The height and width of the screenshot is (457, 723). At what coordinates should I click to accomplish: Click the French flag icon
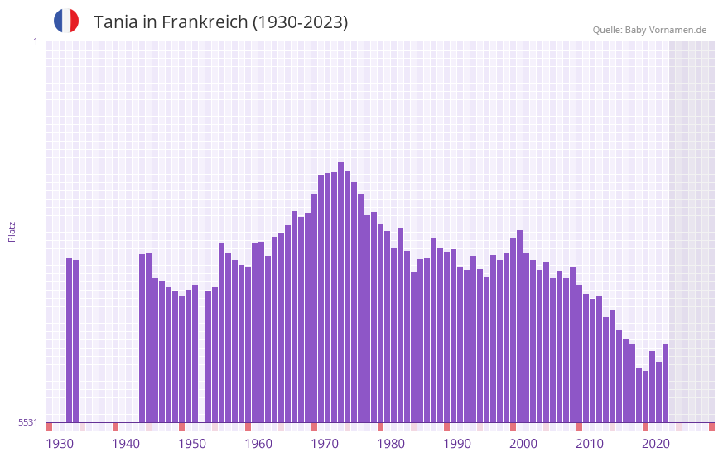(66, 21)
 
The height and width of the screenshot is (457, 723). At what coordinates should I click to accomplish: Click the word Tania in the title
(116, 22)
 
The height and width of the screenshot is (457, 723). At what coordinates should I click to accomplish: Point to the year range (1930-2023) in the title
(301, 22)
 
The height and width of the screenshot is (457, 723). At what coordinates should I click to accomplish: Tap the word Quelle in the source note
(606, 30)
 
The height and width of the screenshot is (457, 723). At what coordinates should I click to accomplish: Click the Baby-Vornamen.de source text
(666, 30)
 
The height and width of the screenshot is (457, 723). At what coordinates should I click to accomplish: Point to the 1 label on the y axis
(35, 41)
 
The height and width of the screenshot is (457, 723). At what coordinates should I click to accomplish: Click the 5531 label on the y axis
(28, 422)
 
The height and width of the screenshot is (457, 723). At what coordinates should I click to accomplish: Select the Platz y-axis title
(12, 231)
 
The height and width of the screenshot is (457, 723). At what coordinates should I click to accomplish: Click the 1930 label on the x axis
(60, 444)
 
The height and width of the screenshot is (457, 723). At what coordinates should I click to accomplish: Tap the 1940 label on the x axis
(126, 444)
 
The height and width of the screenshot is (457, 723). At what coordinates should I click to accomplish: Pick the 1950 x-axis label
(192, 444)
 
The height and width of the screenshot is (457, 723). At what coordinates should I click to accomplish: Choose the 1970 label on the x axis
(325, 444)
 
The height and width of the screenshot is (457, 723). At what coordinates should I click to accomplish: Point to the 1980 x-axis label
(391, 444)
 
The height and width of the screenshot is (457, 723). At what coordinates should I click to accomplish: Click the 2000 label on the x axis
(523, 444)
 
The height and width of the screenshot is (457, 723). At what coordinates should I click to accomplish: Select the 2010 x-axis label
(590, 444)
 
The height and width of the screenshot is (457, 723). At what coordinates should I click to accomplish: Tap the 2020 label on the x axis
(656, 444)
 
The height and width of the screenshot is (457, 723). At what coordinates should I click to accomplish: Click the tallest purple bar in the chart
(340, 290)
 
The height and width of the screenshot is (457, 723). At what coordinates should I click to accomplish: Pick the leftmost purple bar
(70, 339)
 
